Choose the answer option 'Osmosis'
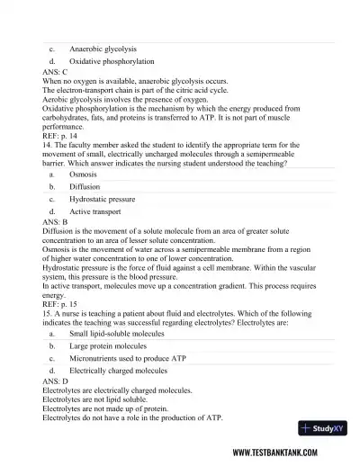[83, 175]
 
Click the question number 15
[47, 313]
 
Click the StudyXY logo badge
[320, 427]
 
